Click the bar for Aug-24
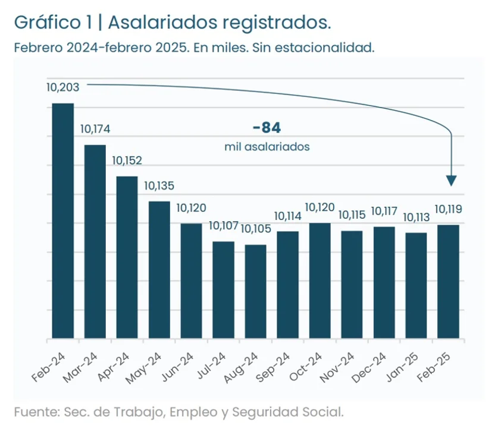click(256, 291)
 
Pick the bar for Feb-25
click(448, 282)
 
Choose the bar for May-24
click(159, 270)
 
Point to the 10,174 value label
click(95, 129)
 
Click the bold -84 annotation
click(266, 128)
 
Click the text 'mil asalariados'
click(267, 146)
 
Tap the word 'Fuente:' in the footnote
click(33, 411)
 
